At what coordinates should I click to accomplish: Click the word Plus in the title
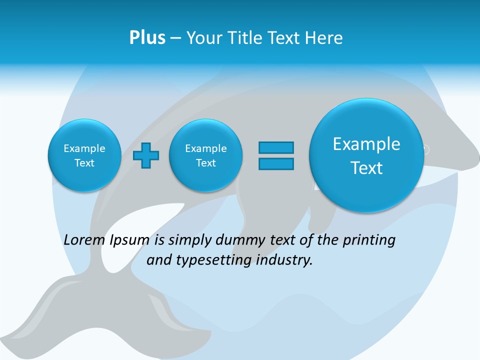(x=147, y=37)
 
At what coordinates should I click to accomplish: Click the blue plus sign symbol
(x=146, y=155)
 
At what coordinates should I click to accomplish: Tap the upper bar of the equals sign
(x=276, y=147)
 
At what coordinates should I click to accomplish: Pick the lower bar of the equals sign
(x=276, y=164)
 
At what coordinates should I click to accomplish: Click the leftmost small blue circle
(x=84, y=155)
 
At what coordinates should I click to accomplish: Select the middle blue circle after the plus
(x=205, y=155)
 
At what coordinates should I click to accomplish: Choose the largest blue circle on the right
(x=366, y=155)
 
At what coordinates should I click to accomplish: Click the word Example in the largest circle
(x=366, y=144)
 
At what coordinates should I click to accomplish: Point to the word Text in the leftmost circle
(x=84, y=163)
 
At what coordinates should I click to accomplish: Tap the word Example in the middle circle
(x=205, y=148)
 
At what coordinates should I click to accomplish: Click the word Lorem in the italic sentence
(x=84, y=240)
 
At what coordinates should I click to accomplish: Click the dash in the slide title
(x=175, y=38)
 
